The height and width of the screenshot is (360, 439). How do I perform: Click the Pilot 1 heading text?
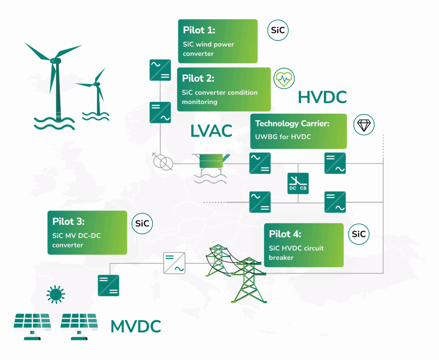point(199,30)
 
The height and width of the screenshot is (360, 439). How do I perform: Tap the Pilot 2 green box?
point(224,89)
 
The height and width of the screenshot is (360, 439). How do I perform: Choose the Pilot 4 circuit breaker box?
point(304,245)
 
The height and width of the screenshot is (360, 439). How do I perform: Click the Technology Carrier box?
point(298,131)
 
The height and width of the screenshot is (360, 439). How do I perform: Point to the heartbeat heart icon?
point(284,79)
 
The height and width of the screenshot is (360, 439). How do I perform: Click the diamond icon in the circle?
point(364,125)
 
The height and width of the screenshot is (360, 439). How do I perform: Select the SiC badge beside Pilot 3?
point(142,224)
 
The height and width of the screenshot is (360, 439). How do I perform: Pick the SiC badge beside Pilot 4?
point(358,234)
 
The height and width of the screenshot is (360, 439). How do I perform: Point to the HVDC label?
point(322,98)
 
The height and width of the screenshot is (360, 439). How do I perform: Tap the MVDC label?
point(135,327)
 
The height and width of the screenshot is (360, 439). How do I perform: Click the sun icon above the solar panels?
point(55,294)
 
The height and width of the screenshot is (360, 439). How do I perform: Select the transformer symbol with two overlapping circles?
point(163,162)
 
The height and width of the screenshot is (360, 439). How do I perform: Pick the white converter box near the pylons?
point(174,263)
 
